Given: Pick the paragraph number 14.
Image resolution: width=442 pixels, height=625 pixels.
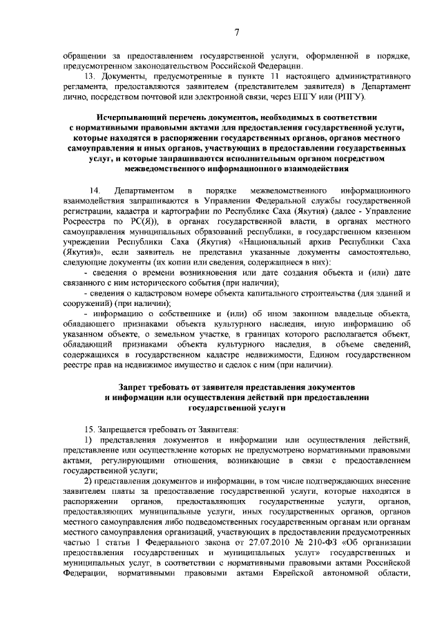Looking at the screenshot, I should click(96, 189).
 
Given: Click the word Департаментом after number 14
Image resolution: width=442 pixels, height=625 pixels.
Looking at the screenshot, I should click(144, 189).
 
